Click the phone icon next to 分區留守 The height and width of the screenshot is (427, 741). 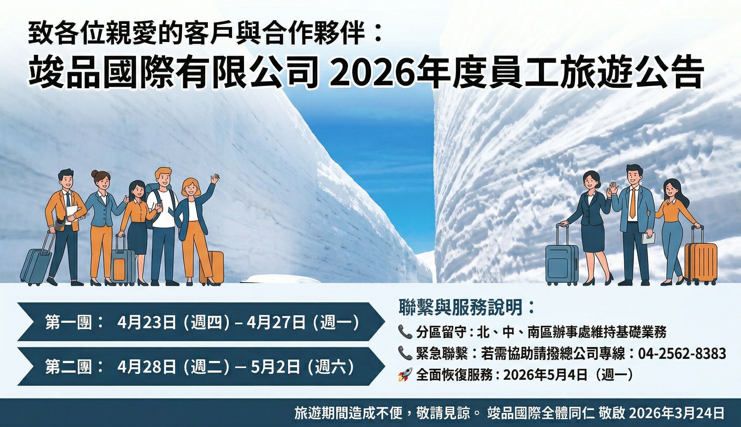[405, 332]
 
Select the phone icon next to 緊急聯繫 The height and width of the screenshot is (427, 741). [405, 354]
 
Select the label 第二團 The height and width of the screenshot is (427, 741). [69, 367]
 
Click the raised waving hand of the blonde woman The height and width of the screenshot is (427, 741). [216, 179]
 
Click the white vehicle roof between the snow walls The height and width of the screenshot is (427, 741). [280, 278]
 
